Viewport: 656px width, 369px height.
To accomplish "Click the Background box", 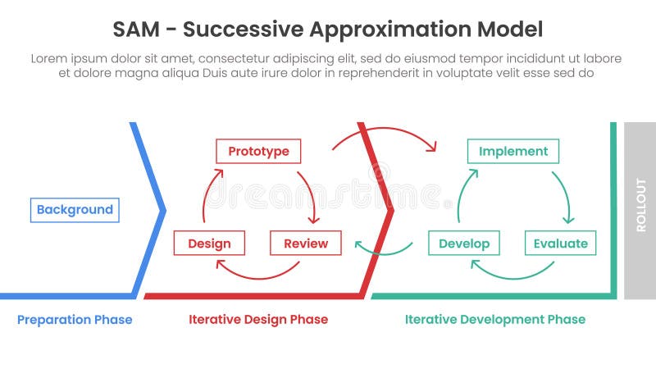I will click(75, 210).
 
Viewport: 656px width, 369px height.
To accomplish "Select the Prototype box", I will click(258, 151).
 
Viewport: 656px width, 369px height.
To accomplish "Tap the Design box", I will click(209, 244).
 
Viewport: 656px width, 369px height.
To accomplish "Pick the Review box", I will click(305, 244).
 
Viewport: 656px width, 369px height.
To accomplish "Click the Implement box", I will click(513, 151).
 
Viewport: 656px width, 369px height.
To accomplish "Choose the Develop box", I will click(464, 244).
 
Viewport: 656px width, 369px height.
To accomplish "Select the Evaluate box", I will click(560, 244).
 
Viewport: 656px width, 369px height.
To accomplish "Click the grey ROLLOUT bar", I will click(640, 210).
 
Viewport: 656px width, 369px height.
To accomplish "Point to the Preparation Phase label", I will click(75, 320).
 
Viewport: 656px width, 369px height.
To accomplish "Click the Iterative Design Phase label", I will click(258, 320).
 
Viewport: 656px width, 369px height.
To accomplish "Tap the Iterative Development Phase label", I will click(495, 320).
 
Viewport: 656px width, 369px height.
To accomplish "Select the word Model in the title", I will click(508, 30).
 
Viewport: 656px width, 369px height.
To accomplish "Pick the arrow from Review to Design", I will click(257, 273).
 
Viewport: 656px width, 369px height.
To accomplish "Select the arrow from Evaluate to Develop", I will click(512, 273).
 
